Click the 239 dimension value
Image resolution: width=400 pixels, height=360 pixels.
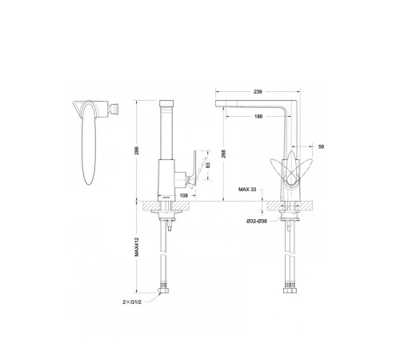click(x=258, y=92)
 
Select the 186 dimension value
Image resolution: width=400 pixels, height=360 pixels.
click(x=258, y=117)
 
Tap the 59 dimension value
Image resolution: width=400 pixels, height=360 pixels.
click(x=322, y=146)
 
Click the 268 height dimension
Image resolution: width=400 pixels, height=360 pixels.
click(x=224, y=153)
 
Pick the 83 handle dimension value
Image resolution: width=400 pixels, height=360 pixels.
click(x=208, y=165)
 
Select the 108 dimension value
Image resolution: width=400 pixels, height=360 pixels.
click(x=184, y=195)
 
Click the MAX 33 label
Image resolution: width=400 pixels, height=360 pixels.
click(x=247, y=190)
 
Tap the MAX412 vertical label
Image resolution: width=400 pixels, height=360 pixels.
click(x=137, y=246)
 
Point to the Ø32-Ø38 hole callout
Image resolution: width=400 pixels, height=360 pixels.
click(x=257, y=221)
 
